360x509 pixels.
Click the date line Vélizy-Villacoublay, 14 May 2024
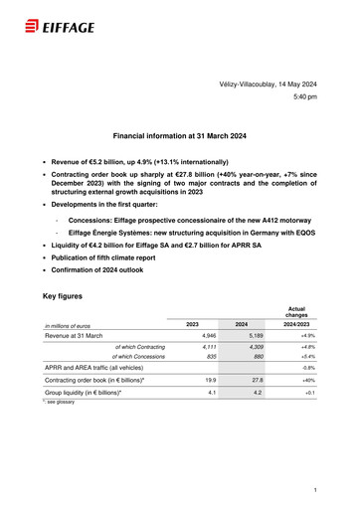268,87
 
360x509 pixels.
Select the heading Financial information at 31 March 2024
180,136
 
